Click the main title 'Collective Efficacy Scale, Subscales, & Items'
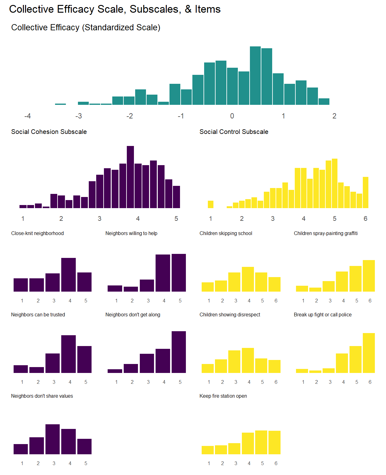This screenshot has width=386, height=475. (115, 9)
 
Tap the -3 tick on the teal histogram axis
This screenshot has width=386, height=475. (79, 116)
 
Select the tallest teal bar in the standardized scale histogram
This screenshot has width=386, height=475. (255, 76)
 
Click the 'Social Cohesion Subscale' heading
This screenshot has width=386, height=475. (49, 132)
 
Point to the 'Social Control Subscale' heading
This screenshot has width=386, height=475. (234, 132)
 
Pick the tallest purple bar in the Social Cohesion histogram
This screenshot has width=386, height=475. (130, 177)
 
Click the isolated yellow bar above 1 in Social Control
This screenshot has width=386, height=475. (211, 204)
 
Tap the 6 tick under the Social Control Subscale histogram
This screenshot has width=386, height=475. (365, 219)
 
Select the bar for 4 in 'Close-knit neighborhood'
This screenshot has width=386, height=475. (68, 275)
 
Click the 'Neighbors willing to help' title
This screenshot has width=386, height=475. (131, 233)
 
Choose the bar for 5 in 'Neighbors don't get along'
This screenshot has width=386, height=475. (179, 352)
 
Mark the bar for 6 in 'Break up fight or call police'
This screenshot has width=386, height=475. (369, 353)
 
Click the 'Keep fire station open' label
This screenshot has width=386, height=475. (223, 396)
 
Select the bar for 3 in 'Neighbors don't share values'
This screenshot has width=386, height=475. (53, 439)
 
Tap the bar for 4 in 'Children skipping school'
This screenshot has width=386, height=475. (248, 279)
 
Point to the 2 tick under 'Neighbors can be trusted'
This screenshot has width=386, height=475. (38, 382)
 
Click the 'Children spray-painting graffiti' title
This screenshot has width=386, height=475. (325, 233)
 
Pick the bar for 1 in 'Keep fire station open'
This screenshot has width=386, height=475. (208, 450)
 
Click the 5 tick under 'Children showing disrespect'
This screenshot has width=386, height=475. (262, 382)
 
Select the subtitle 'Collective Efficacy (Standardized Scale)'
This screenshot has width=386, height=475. (86, 28)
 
